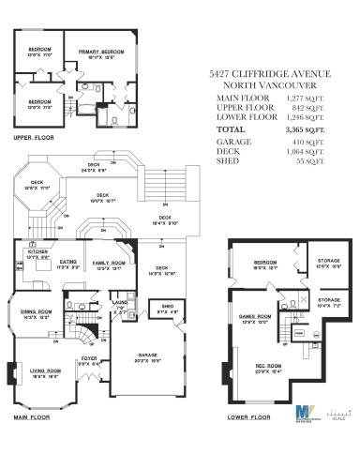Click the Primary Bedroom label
pos(101,52)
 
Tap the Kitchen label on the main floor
pos(37,250)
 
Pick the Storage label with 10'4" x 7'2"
pos(328,302)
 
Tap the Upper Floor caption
pos(32,136)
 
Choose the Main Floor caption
pos(32,416)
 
